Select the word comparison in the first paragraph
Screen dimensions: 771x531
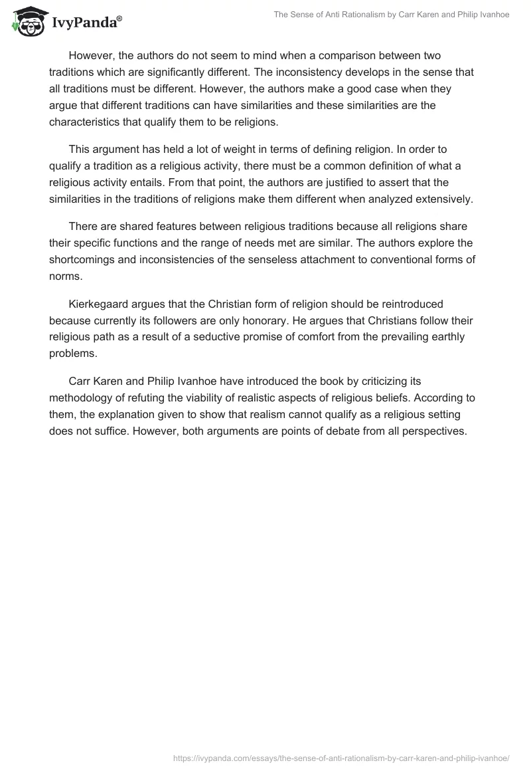[344, 55]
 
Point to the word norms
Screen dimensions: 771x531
[64, 276]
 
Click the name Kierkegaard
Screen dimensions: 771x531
[100, 304]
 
